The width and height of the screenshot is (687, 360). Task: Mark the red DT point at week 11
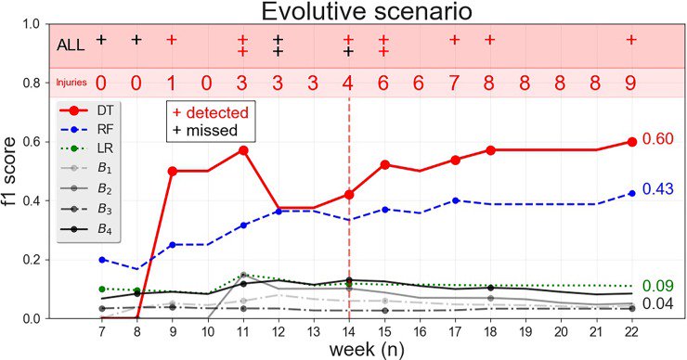(x=242, y=149)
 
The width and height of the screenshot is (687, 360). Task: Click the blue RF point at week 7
(x=101, y=260)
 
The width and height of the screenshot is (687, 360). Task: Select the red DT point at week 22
(x=631, y=141)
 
